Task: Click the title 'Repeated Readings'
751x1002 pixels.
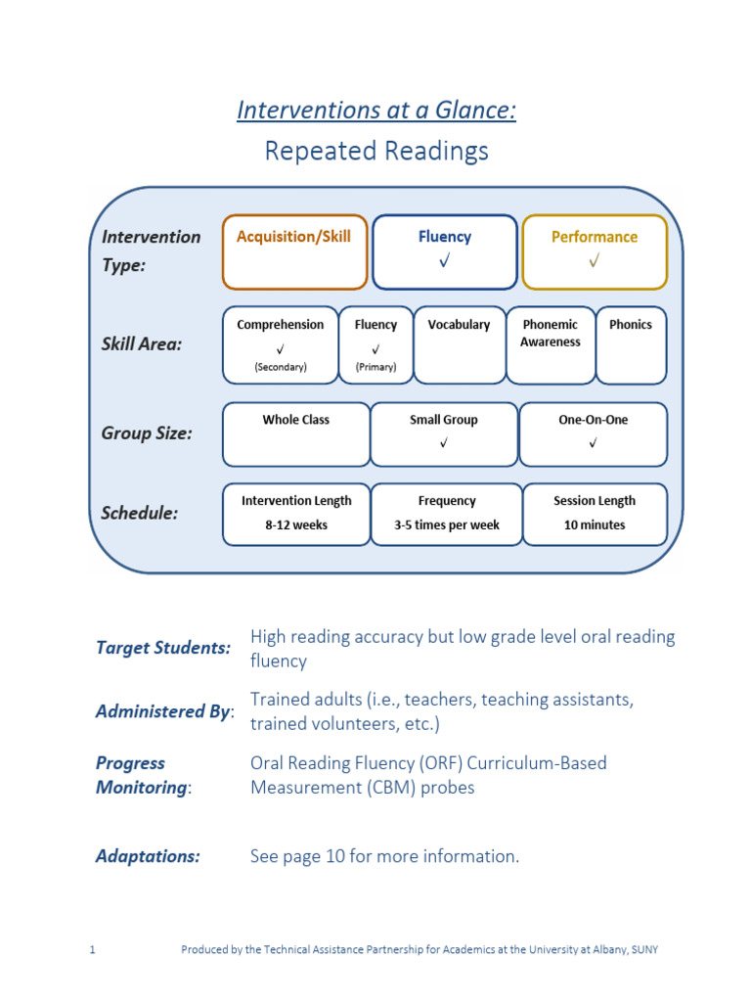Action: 376,152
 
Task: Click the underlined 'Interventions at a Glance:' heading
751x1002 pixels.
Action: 376,111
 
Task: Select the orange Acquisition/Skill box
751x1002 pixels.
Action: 294,251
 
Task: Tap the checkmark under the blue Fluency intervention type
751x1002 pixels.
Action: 445,261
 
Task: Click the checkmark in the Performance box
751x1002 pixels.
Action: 595,261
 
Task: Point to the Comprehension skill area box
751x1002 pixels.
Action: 281,346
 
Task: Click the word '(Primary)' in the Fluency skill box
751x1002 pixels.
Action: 375,368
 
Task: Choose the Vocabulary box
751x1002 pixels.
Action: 459,346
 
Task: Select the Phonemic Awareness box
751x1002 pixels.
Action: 550,346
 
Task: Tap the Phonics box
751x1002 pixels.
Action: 631,346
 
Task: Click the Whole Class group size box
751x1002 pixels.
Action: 295,433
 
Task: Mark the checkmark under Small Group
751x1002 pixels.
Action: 444,444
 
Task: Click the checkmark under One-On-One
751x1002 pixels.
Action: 594,444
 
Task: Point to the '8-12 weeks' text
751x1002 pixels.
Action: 296,525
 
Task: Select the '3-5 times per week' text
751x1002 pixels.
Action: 447,525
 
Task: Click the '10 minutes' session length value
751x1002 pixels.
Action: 595,525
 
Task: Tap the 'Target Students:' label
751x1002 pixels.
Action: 163,648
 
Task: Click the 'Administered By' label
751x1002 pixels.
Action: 162,711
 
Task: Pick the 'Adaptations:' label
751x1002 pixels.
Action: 148,856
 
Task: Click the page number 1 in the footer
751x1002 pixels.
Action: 92,950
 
